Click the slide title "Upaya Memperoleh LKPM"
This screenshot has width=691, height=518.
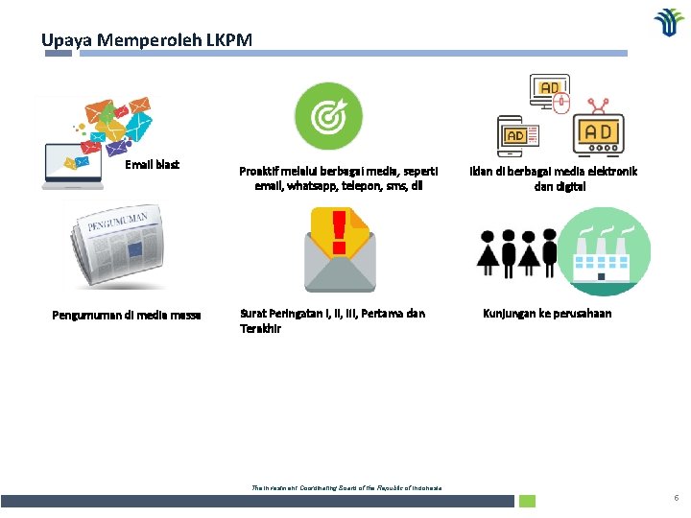147,40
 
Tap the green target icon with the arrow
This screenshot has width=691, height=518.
327,117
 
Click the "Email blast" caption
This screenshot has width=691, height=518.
153,165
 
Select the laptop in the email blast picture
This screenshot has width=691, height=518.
73,162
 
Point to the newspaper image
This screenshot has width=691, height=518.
122,244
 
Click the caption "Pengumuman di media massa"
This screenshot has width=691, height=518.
126,314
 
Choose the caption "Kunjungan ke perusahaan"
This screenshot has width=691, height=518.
547,314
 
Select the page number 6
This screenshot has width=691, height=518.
676,498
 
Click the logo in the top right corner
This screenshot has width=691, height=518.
669,22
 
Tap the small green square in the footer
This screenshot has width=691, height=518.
527,501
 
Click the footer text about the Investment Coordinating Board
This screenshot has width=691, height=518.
346,488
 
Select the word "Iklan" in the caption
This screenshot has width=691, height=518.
482,171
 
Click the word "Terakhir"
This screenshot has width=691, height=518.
260,328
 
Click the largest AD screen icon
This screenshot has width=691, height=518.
599,132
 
